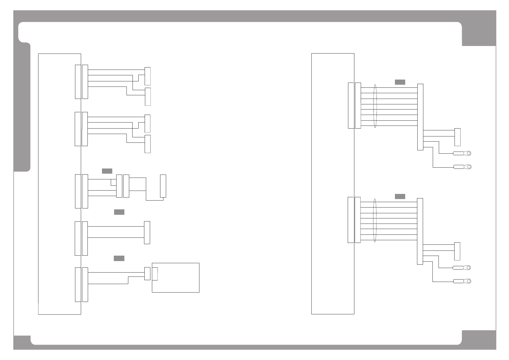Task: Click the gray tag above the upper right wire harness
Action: [x=400, y=82]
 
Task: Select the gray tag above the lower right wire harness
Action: [x=400, y=196]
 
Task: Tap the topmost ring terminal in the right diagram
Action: [x=467, y=153]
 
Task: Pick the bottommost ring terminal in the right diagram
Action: [x=467, y=281]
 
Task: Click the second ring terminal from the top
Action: [x=467, y=167]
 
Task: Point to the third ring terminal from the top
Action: [x=467, y=267]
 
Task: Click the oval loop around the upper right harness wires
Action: [x=375, y=106]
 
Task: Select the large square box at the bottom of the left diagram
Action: [x=176, y=277]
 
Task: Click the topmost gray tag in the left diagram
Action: [x=107, y=171]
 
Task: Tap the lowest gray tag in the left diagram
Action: [x=119, y=258]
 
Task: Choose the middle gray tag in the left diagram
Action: [x=119, y=212]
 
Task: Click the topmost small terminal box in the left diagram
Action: [x=148, y=76]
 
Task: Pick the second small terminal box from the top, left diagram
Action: [x=148, y=97]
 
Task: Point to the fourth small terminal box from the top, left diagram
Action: [x=148, y=144]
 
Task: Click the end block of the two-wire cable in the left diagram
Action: [x=147, y=232]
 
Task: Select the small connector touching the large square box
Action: [x=147, y=273]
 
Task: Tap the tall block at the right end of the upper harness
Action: [x=420, y=117]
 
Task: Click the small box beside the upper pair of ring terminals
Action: [x=458, y=137]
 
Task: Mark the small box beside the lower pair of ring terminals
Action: [x=457, y=251]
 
